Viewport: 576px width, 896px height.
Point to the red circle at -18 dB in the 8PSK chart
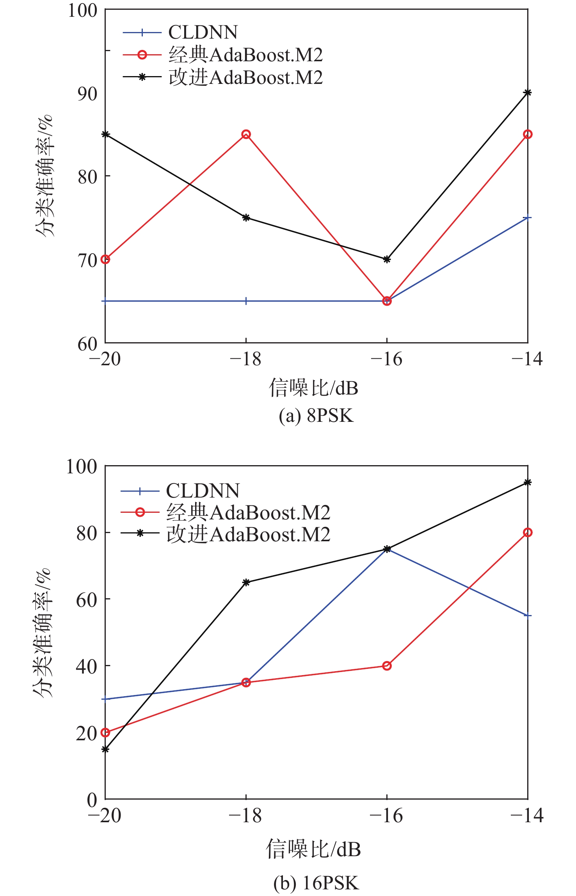pyautogui.click(x=246, y=134)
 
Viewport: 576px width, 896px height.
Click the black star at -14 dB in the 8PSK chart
pyautogui.click(x=528, y=92)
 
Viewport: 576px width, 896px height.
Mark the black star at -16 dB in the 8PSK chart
pyautogui.click(x=387, y=259)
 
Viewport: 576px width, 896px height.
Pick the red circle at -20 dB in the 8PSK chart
pyautogui.click(x=105, y=259)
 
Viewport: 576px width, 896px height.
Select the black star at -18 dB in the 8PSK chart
pyautogui.click(x=246, y=217)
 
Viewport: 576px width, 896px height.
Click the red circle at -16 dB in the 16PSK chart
pyautogui.click(x=387, y=666)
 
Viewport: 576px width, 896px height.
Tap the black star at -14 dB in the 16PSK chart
pyautogui.click(x=528, y=482)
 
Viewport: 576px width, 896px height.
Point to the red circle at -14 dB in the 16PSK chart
pyautogui.click(x=528, y=532)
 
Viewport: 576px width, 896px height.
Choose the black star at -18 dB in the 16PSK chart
pyautogui.click(x=246, y=582)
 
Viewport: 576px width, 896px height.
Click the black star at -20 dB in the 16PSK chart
pyautogui.click(x=105, y=749)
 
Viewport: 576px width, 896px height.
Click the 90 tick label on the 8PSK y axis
pyautogui.click(x=87, y=94)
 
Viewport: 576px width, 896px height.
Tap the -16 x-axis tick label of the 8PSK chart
pyautogui.click(x=386, y=359)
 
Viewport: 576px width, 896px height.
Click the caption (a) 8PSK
pyautogui.click(x=316, y=416)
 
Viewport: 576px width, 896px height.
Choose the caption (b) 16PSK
pyautogui.click(x=316, y=883)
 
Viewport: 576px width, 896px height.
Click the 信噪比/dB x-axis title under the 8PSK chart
pyautogui.click(x=313, y=388)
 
